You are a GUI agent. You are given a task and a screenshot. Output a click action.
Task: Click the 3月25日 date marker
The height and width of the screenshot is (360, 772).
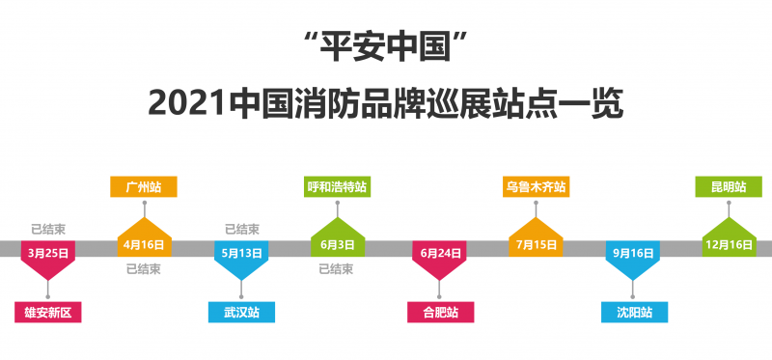[47, 253]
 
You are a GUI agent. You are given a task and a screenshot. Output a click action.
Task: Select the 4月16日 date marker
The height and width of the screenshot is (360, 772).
[144, 244]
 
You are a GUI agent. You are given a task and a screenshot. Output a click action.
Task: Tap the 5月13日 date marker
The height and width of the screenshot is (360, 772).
[241, 253]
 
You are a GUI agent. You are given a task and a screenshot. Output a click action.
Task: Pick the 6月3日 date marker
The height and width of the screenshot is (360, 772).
[338, 244]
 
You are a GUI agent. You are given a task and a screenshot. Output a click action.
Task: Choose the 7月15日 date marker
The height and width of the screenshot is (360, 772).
[536, 244]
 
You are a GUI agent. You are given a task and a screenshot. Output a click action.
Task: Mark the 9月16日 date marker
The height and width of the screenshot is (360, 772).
[633, 253]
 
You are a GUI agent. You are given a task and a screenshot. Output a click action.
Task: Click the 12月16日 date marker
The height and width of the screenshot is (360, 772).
[729, 244]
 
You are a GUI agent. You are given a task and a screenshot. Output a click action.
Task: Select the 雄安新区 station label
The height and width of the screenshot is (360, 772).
[48, 312]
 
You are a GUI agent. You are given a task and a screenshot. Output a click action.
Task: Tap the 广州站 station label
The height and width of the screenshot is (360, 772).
[144, 186]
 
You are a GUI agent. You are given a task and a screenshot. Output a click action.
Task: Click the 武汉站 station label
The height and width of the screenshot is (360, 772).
[241, 312]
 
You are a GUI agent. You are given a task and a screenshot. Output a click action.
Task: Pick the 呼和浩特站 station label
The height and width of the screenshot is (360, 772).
[338, 186]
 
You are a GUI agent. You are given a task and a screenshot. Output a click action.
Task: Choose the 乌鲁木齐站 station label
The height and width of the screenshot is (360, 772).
[536, 186]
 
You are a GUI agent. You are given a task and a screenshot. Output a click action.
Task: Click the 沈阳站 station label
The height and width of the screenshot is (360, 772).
[634, 312]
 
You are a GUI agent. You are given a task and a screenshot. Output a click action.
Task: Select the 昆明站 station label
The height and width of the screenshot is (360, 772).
[729, 186]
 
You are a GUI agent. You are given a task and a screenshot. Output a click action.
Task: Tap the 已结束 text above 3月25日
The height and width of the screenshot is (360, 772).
[48, 230]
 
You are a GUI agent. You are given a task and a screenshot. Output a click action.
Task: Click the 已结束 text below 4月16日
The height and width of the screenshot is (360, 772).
[144, 268]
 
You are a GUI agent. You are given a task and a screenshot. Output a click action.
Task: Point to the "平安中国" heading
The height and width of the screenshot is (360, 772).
[386, 43]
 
